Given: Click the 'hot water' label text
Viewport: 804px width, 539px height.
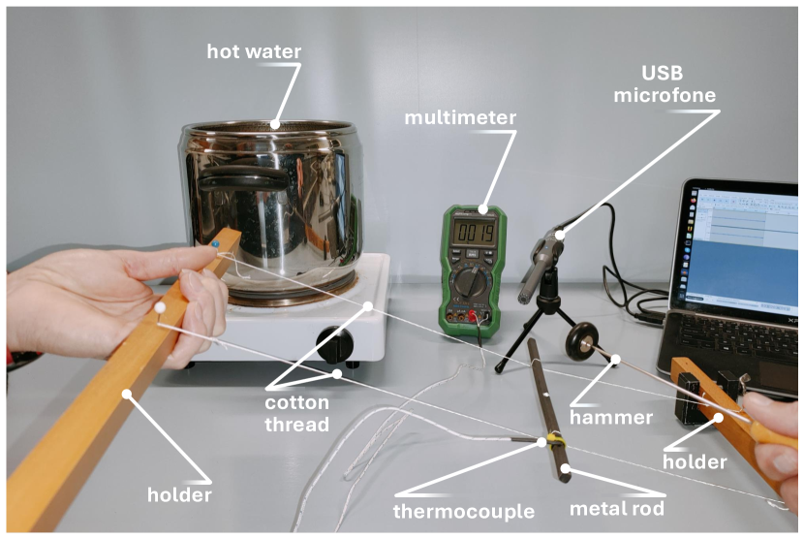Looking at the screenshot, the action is point(254,51).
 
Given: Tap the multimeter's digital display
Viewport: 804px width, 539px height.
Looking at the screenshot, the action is point(475,233).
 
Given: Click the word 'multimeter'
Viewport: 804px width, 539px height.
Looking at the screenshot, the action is point(460,117).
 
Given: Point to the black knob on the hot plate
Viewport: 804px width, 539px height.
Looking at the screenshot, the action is point(335,344).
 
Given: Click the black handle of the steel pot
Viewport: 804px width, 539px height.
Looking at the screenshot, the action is point(242,178).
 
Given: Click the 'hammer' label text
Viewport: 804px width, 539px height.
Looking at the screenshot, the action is point(611,418).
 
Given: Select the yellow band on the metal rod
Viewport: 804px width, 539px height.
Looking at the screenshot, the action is point(554,439).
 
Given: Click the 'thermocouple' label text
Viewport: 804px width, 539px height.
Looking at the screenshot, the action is point(464,511).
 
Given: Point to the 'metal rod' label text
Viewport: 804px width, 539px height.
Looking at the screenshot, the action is point(617,509).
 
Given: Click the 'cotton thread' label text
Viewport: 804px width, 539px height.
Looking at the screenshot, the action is point(296,413).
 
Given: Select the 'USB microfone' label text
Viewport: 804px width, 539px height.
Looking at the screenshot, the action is point(665,83).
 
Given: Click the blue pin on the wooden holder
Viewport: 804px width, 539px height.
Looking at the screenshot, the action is point(215,244).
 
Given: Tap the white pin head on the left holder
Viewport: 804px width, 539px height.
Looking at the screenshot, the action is point(160,307).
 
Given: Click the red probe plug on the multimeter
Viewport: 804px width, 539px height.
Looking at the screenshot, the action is point(474,316).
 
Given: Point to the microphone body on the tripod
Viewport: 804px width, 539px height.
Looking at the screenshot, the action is point(540,265).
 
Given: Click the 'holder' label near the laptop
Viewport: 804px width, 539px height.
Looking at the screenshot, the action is point(695,462).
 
